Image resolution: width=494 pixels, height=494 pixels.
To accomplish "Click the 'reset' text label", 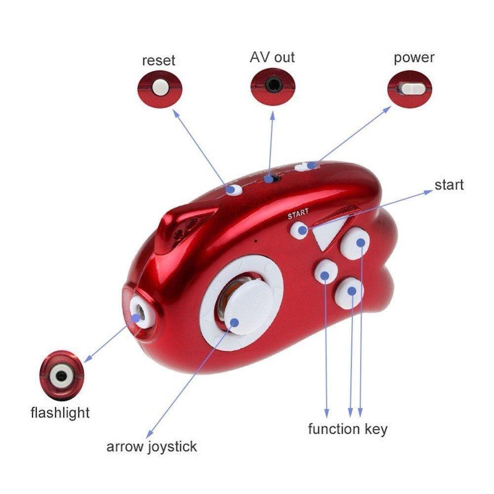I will pos(159,61).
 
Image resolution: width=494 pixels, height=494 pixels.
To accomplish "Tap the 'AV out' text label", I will pos(272,57).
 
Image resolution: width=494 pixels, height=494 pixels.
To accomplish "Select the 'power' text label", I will pos(413,58).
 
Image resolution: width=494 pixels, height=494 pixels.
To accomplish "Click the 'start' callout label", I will pos(449,185).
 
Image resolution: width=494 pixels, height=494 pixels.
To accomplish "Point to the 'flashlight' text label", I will pos(60,412).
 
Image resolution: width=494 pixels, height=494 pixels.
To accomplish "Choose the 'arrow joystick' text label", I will pos(152,447).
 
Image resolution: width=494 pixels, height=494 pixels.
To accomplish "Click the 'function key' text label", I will pos(347,428).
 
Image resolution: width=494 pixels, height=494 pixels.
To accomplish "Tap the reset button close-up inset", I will pos(160,88).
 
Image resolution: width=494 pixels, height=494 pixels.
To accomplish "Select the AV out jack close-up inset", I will pos(272,85).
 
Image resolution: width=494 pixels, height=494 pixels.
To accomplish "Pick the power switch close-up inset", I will pos(410,89).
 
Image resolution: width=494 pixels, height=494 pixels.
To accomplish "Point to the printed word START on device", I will pos(298,213).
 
